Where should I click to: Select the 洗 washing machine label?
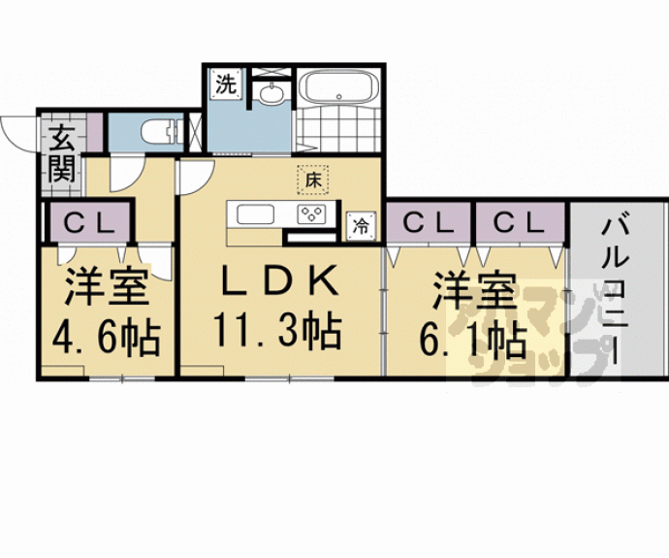(x=225, y=84)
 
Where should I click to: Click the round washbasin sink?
(x=271, y=94)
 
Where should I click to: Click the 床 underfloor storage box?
(x=313, y=180)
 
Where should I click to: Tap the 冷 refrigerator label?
(x=361, y=226)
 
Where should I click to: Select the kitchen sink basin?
(x=254, y=214)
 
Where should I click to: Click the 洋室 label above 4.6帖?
(x=106, y=288)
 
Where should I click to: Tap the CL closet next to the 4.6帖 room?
(x=89, y=222)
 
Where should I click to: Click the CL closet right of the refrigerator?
(x=428, y=222)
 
